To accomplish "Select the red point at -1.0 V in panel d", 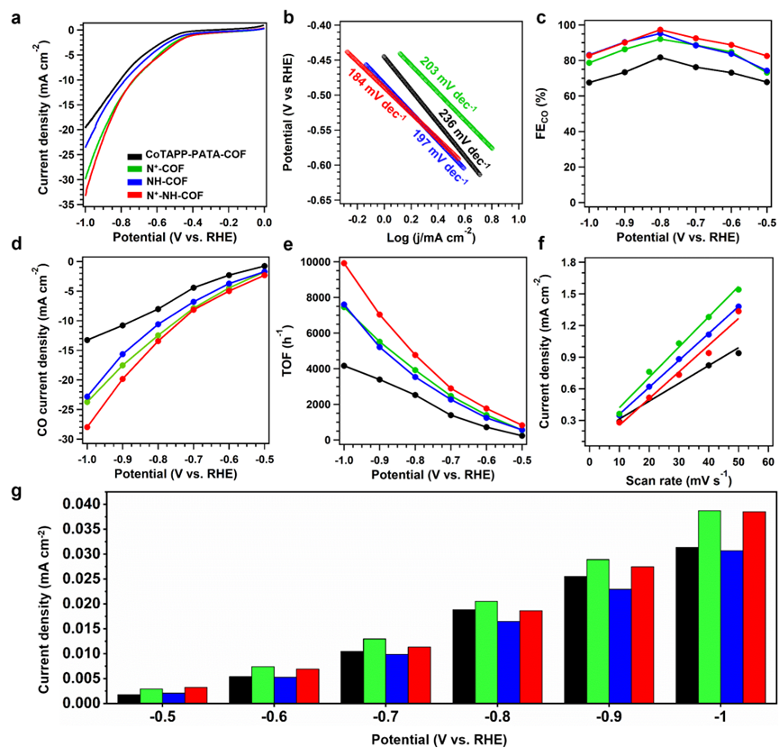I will pyautogui.click(x=86, y=427).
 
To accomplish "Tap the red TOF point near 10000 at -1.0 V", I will pyautogui.click(x=343, y=263).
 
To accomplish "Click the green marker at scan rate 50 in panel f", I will pyautogui.click(x=738, y=289).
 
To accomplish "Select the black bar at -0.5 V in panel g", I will pyautogui.click(x=129, y=698).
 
